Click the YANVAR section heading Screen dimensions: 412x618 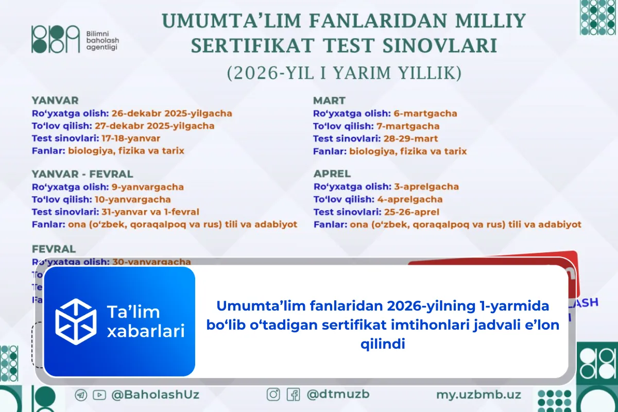pos(55,100)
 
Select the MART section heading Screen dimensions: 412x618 pos(330,100)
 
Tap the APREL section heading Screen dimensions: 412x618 pos(332,174)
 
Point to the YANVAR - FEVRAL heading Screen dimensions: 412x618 pos(82,174)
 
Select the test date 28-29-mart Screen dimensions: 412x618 pos(410,139)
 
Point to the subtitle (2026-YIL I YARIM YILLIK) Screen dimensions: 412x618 pos(344,73)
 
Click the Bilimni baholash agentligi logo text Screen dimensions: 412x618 pos(101,40)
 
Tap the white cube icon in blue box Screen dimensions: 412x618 pos(76,321)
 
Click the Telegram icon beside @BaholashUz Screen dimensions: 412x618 pos(81,395)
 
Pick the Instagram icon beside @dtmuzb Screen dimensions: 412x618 pos(273,394)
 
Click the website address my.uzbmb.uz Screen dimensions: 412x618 pos(478,395)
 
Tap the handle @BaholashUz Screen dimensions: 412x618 pos(155,395)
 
